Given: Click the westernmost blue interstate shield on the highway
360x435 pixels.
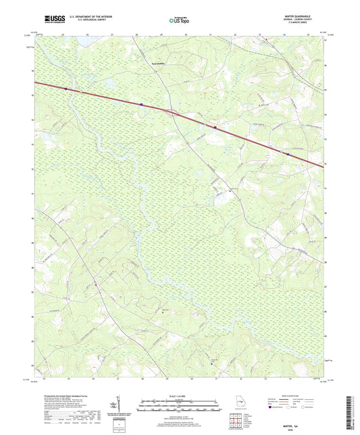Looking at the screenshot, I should (x=66, y=88).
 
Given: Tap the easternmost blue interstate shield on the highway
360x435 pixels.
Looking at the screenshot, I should (x=288, y=154).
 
